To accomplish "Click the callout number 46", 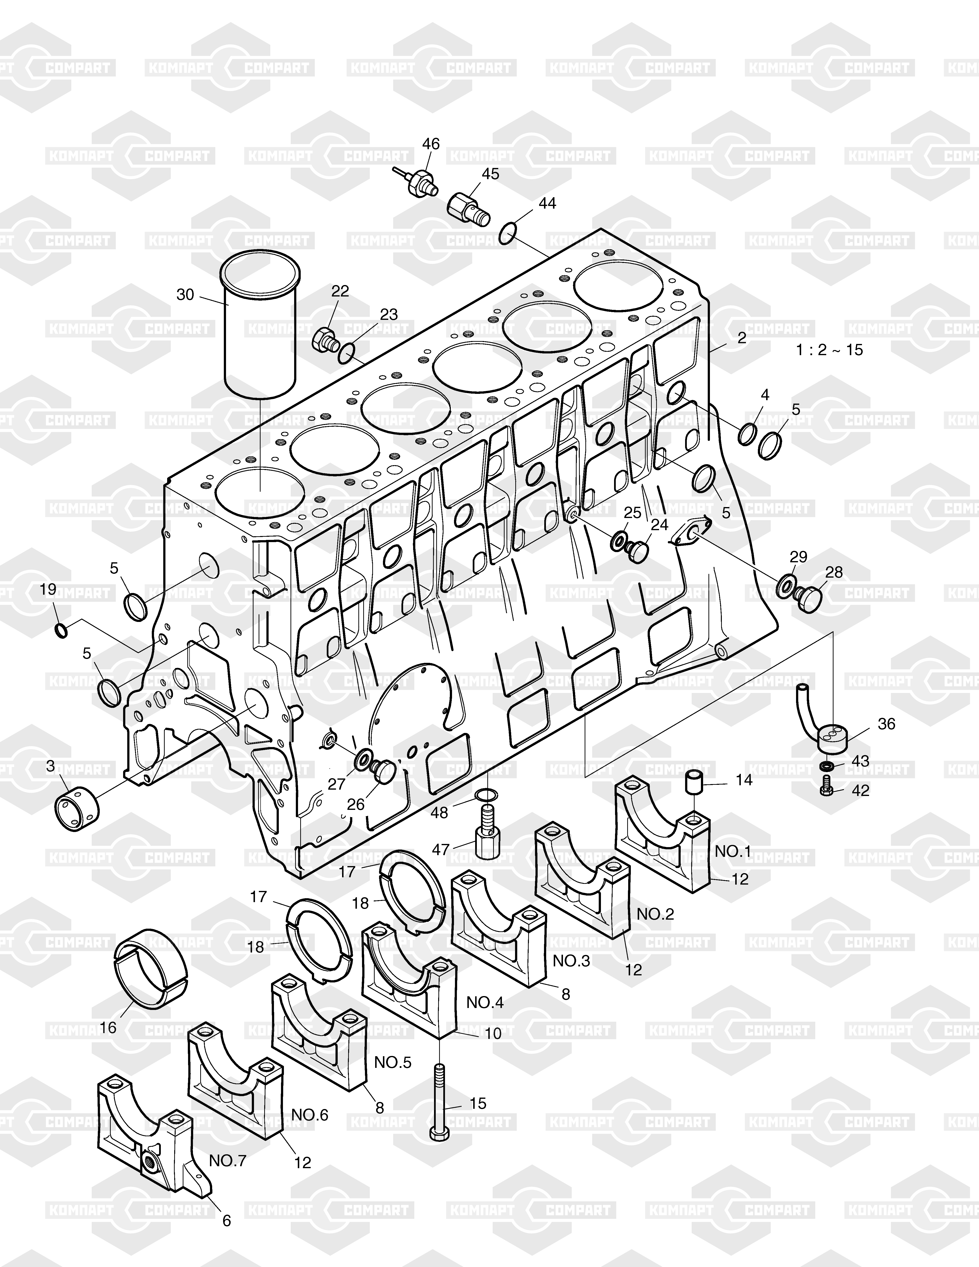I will [x=431, y=144].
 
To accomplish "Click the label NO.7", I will [x=228, y=1176].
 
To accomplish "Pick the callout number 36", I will [x=886, y=723].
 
